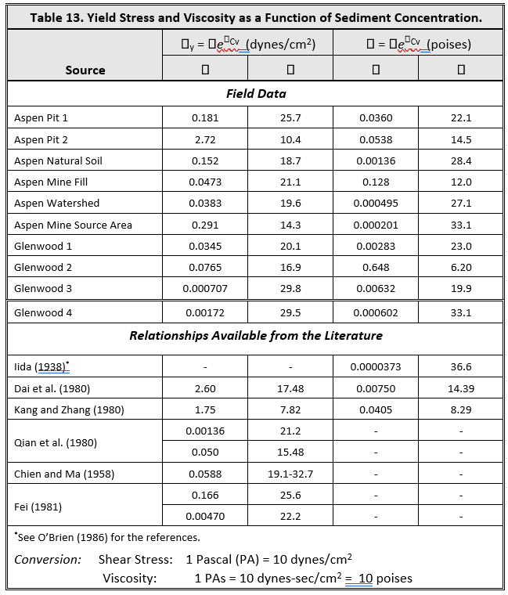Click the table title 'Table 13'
point(255,16)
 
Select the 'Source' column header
point(85,70)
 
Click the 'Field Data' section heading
point(255,94)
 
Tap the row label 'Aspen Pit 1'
point(41,118)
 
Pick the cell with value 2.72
point(205,139)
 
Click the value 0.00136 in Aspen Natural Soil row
point(376,160)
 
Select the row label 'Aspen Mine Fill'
point(51,182)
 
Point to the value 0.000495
point(376,203)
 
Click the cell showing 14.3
point(290,225)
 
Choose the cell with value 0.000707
point(205,288)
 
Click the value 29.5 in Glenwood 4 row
point(290,312)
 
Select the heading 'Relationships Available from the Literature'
point(255,336)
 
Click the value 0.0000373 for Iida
point(376,366)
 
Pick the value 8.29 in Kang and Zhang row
point(461,409)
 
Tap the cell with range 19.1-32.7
point(290,474)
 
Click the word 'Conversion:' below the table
point(48,560)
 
